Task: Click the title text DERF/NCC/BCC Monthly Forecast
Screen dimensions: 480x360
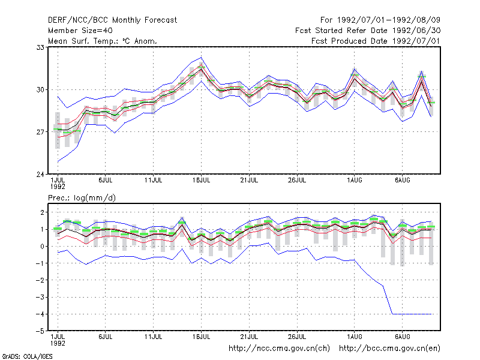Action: point(112,20)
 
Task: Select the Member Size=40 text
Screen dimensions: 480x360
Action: point(80,31)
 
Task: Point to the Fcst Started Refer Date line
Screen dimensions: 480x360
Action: point(368,31)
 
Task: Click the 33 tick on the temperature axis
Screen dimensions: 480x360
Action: point(40,47)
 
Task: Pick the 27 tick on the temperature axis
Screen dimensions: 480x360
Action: point(40,132)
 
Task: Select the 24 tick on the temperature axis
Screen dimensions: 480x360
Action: point(40,175)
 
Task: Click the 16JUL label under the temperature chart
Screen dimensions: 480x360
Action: point(201,181)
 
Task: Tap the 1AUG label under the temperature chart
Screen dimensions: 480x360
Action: point(355,181)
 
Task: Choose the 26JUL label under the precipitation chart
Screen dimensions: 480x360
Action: point(297,337)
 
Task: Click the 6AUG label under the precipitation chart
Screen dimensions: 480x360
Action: point(402,337)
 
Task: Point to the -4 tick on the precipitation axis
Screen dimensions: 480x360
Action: point(40,314)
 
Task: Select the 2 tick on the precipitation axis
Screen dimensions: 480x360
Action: point(43,212)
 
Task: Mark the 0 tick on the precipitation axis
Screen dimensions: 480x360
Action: point(43,246)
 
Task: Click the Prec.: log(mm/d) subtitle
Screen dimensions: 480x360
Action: point(82,198)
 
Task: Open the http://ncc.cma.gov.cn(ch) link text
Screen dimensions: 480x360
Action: point(279,349)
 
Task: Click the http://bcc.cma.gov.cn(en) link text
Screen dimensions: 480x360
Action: point(389,349)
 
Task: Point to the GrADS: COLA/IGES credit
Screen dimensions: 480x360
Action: point(27,356)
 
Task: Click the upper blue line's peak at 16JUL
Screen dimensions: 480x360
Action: point(201,57)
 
